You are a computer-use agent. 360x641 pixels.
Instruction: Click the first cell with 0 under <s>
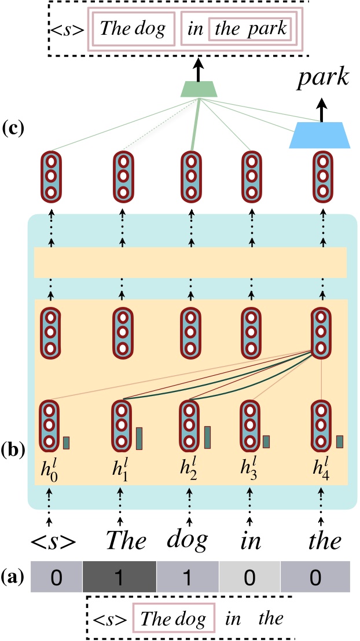[x=54, y=578]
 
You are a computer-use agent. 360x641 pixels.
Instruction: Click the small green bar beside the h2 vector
[x=207, y=437]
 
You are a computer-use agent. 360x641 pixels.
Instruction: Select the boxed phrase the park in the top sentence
[x=250, y=29]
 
